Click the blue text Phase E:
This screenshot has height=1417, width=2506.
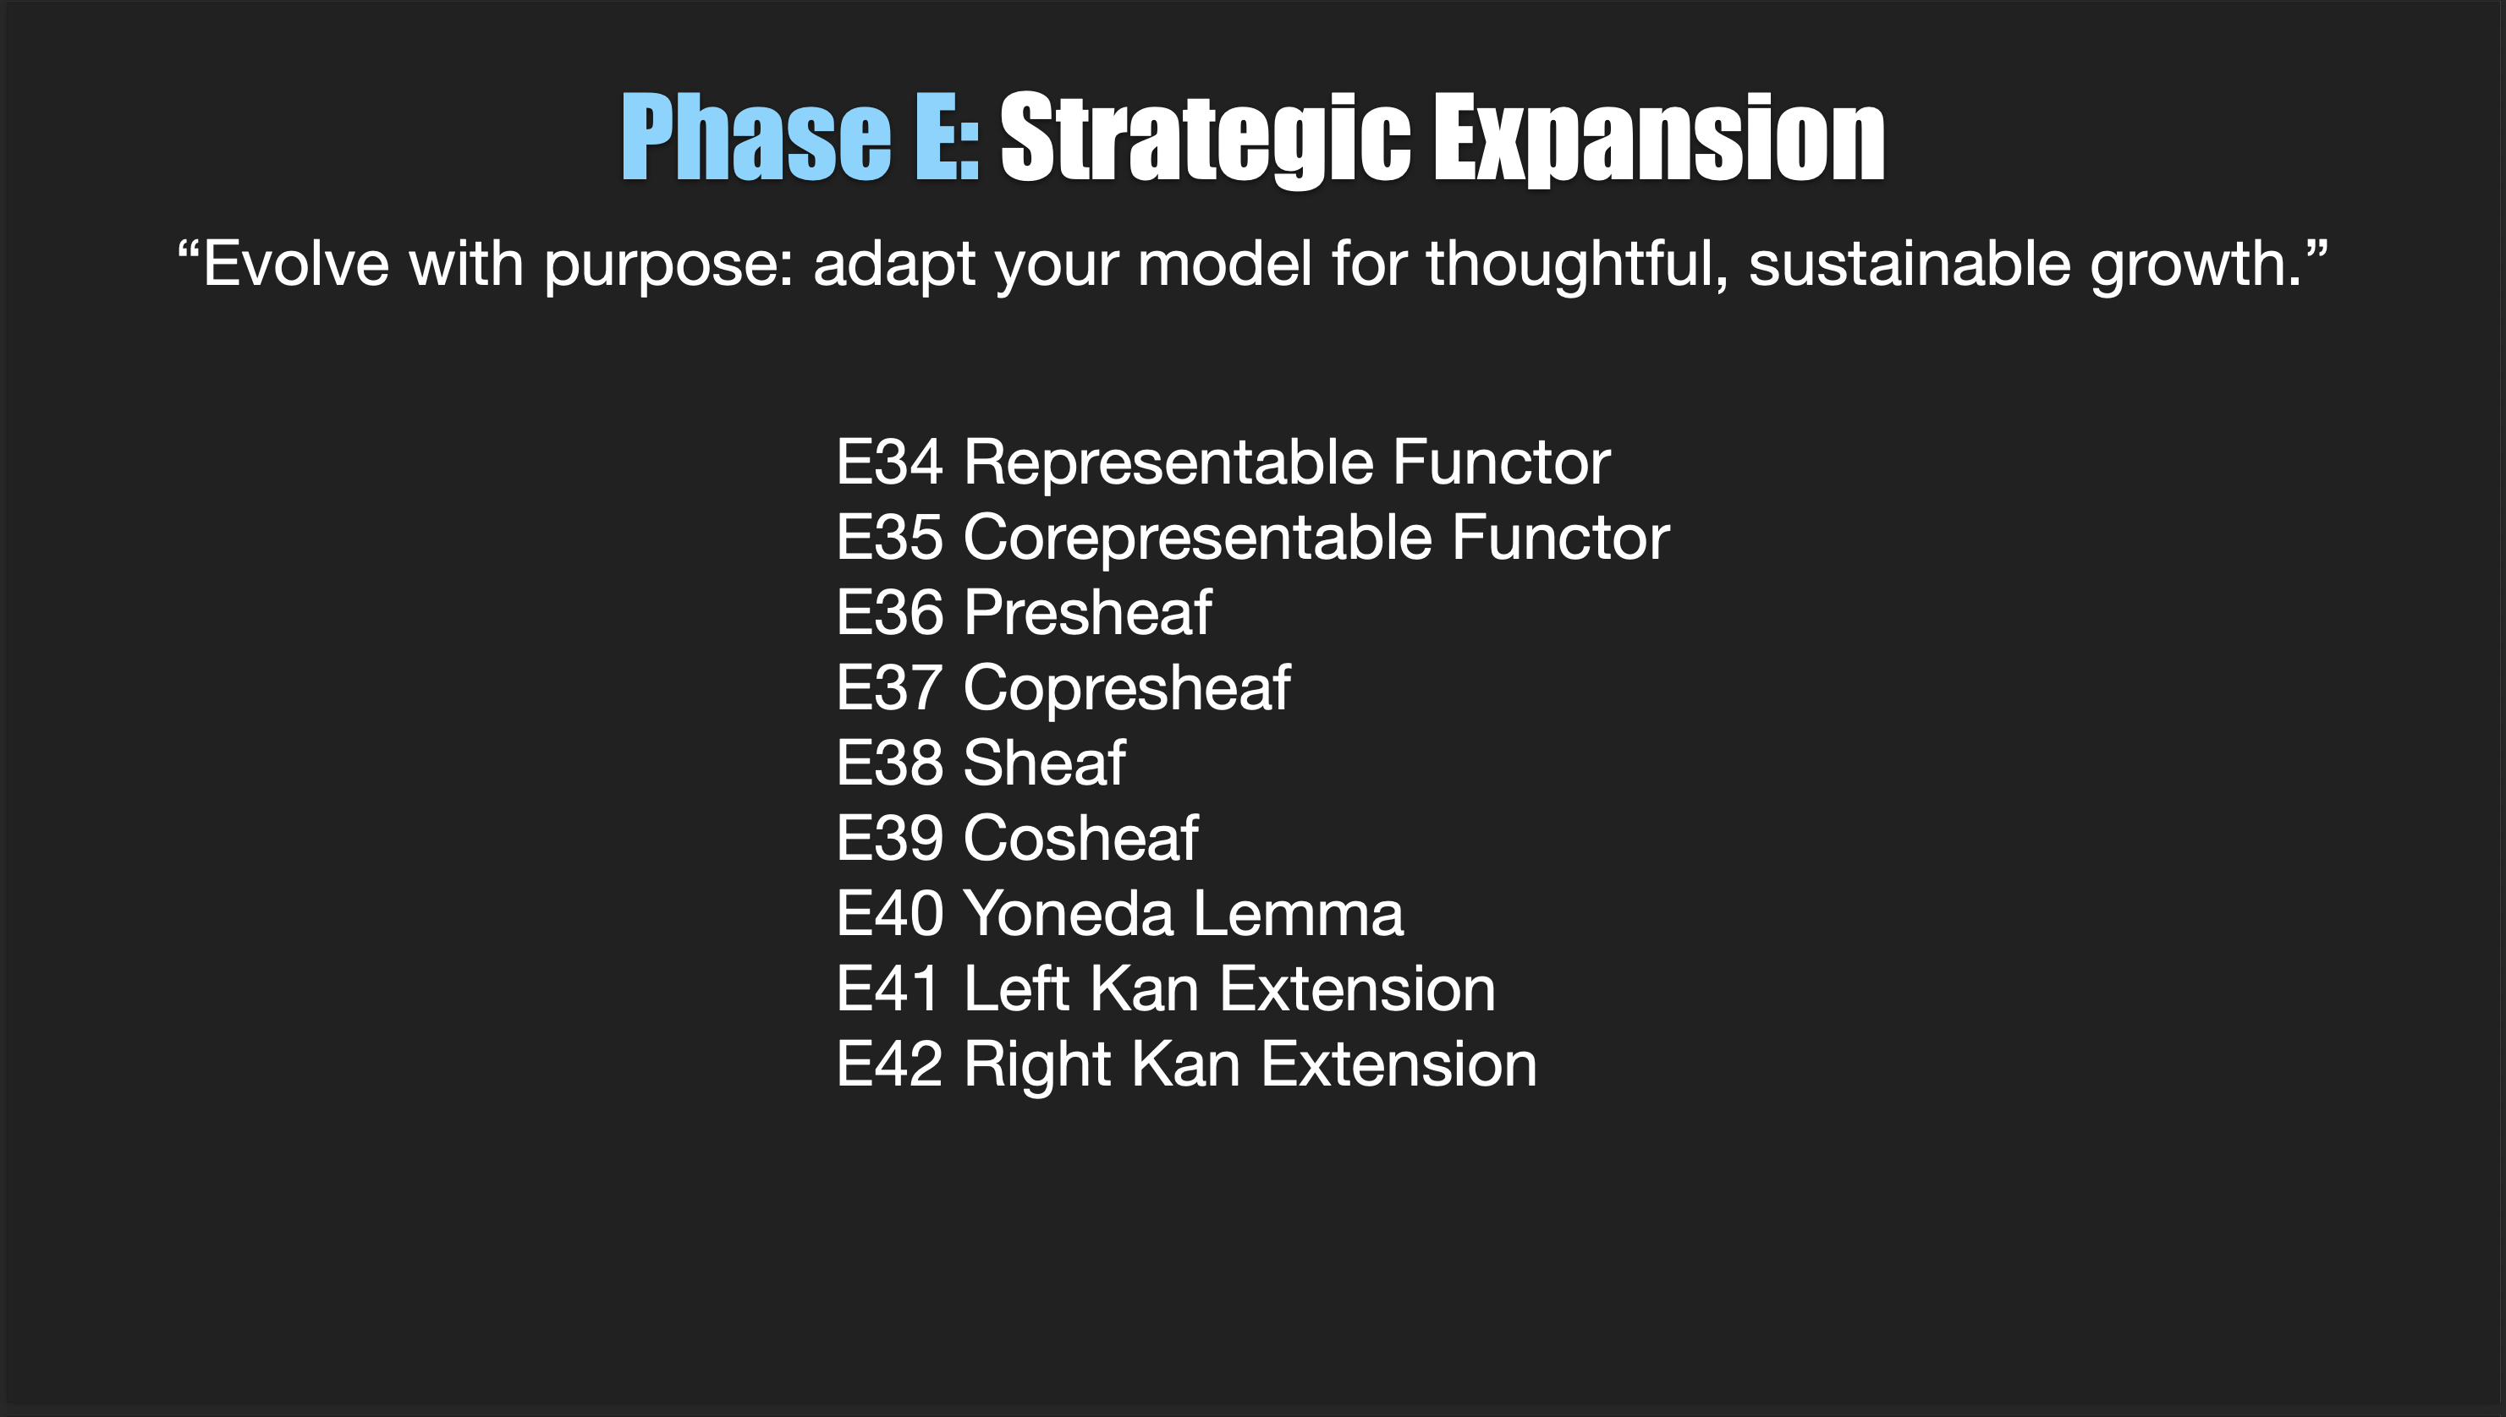click(800, 137)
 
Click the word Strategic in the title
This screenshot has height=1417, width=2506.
click(1204, 137)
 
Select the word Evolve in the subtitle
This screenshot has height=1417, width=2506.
click(295, 264)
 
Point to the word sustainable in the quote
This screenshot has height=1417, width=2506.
click(1910, 264)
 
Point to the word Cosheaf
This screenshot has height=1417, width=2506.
click(1080, 838)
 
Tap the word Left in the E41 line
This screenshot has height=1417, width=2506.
click(1015, 989)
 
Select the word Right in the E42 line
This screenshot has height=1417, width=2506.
click(1036, 1064)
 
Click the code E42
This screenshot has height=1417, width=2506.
click(889, 1064)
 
